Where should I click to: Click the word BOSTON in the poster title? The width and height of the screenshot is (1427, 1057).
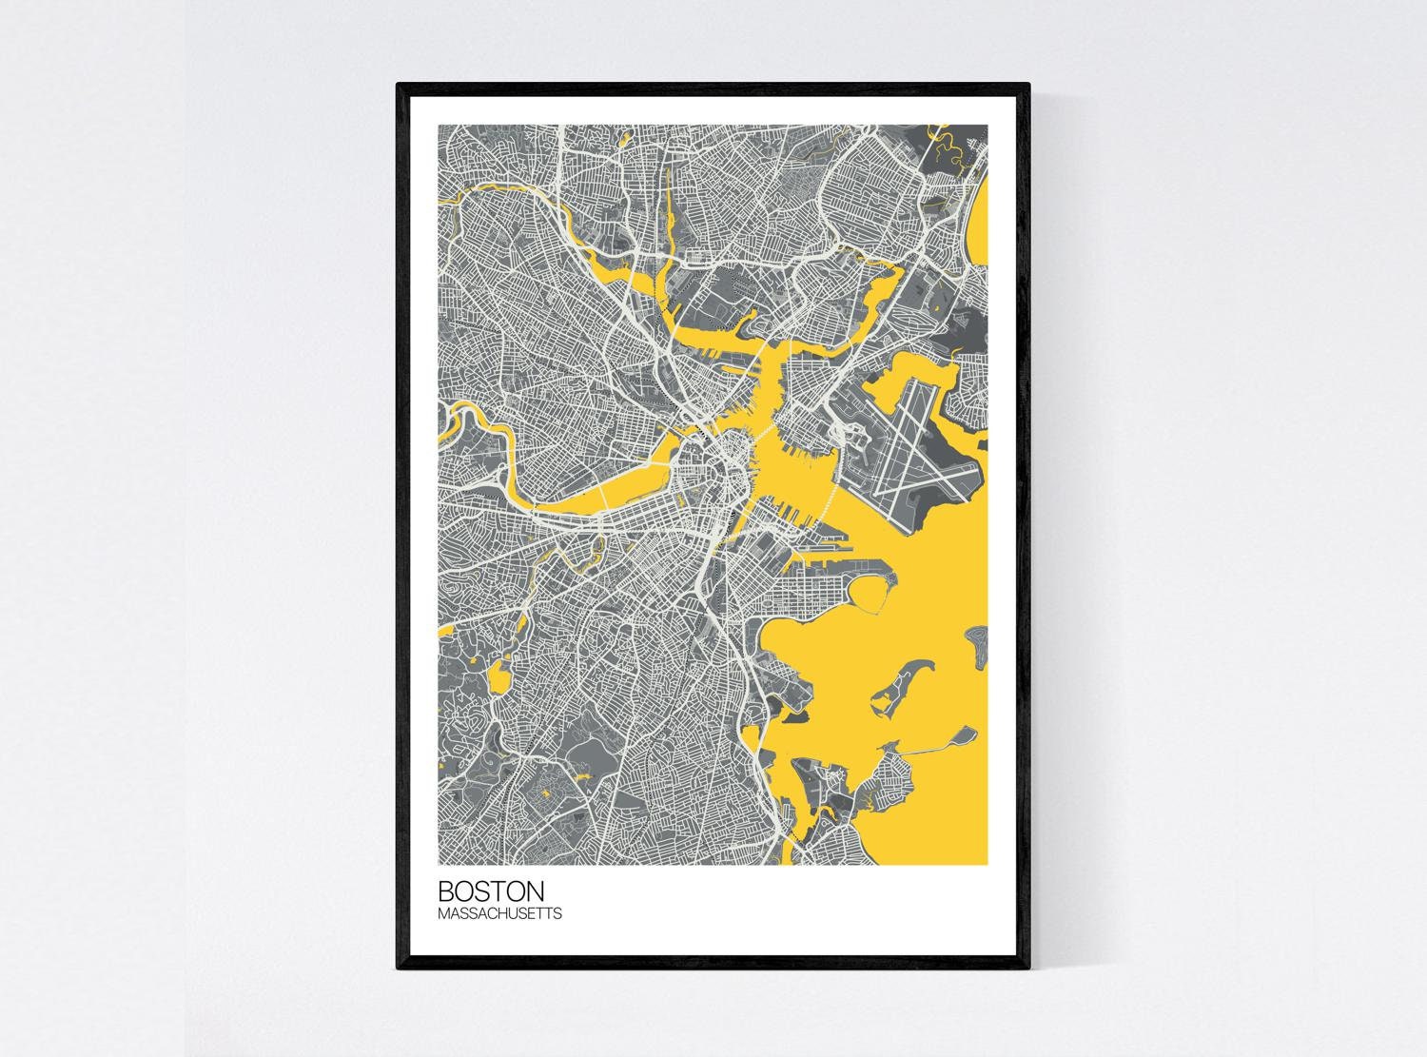pyautogui.click(x=491, y=891)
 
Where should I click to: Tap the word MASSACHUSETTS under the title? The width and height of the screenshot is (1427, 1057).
pyautogui.click(x=499, y=914)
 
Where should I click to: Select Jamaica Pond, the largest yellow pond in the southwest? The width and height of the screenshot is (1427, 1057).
pyautogui.click(x=498, y=679)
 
